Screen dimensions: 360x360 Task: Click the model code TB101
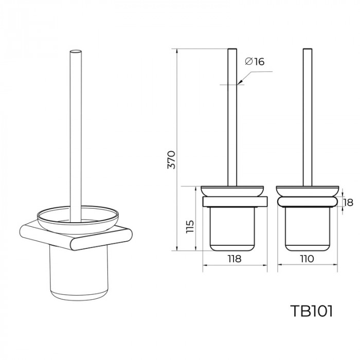[311, 311]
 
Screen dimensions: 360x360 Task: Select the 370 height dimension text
[171, 160]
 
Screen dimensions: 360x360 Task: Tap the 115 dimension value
[190, 227]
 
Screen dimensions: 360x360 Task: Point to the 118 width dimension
[235, 259]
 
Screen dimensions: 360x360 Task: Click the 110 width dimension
[307, 259]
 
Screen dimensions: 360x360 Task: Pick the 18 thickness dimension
[349, 203]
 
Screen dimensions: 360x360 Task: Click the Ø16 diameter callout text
[255, 61]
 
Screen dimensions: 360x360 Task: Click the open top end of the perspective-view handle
[76, 51]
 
